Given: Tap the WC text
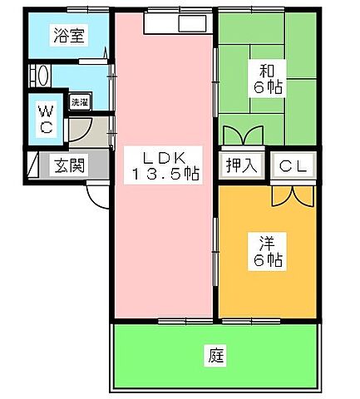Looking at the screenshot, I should pos(47,118).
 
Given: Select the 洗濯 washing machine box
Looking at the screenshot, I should pos(80,102).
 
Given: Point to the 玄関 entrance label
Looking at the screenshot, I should pos(70,165).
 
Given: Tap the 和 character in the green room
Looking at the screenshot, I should pos(267,69).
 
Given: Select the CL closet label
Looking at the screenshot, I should pos(293,165).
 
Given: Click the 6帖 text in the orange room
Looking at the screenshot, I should pos(267,261).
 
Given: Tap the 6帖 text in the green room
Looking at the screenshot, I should pos(267,86).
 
